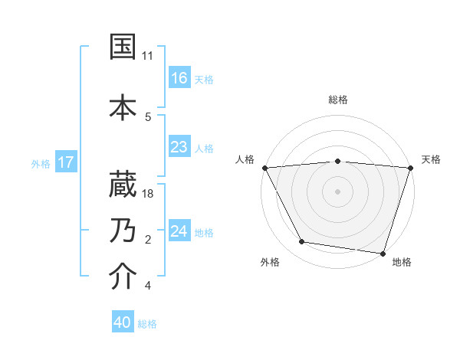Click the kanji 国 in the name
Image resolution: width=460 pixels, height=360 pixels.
click(x=124, y=47)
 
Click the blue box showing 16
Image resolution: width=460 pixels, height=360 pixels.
click(x=179, y=78)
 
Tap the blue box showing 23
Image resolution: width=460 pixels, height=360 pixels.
click(x=179, y=147)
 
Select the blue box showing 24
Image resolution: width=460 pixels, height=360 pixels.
click(x=179, y=231)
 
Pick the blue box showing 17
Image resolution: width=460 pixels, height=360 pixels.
click(x=66, y=162)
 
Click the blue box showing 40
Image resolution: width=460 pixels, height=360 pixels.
click(x=123, y=323)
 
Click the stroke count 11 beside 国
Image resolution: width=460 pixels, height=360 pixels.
click(x=148, y=56)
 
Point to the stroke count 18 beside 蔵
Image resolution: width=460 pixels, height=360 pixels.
click(x=149, y=194)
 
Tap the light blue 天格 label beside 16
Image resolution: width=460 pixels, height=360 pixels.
click(x=204, y=79)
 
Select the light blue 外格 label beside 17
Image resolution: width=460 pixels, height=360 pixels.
click(x=41, y=163)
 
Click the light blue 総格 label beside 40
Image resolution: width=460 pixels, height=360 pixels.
click(x=147, y=324)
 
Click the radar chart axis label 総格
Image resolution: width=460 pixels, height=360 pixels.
click(x=338, y=100)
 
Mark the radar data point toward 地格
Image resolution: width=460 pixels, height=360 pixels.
click(x=383, y=253)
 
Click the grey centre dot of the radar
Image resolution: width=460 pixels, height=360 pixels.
click(x=337, y=191)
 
